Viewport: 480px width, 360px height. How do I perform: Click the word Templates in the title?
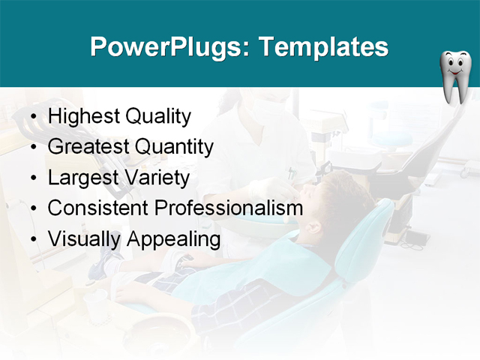[323, 47]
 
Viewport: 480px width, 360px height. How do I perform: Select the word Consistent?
[94, 208]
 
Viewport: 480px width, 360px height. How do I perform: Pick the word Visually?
[83, 240]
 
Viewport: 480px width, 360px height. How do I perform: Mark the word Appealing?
[173, 240]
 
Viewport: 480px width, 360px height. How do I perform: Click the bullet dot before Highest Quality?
[34, 118]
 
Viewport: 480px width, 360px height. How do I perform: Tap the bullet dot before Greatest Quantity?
[34, 148]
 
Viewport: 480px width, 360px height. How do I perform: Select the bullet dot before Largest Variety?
[34, 178]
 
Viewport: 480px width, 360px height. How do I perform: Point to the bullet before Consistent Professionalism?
[34, 209]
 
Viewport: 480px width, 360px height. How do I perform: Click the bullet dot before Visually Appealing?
[34, 240]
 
